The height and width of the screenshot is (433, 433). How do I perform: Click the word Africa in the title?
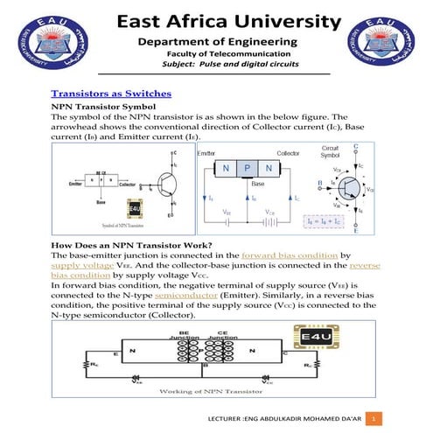[x=215, y=21]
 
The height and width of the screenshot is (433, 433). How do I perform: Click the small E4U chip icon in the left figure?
[x=134, y=208]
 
